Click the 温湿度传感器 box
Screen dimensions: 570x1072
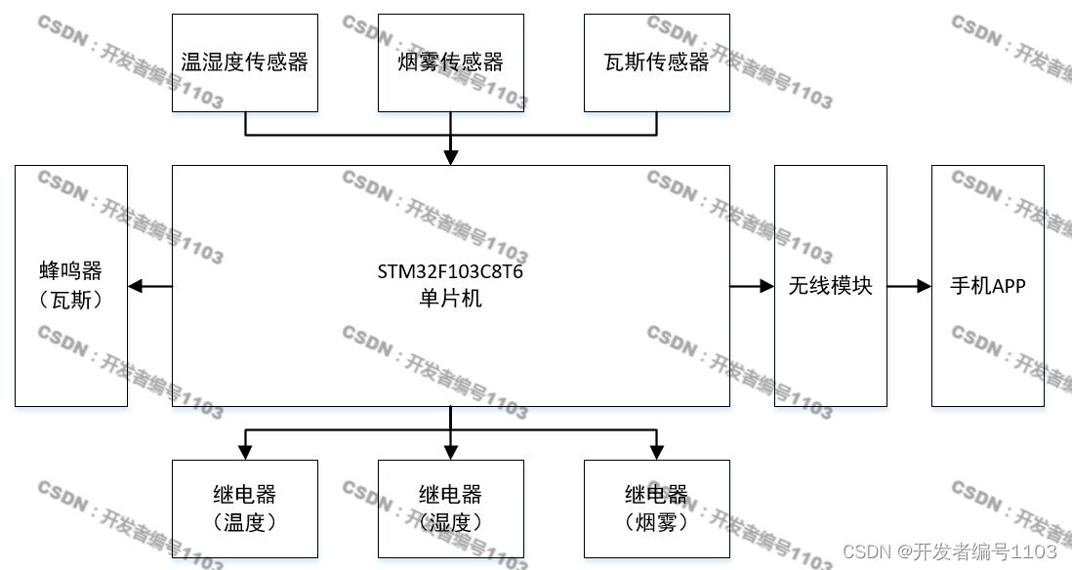244,62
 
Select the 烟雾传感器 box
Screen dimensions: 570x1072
450,62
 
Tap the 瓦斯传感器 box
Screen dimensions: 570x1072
656,62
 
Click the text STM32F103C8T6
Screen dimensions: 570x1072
450,271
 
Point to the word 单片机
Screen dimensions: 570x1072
450,299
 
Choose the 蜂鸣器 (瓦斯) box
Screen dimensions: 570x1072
71,286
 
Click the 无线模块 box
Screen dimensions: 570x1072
830,286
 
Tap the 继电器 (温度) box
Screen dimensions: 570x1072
244,509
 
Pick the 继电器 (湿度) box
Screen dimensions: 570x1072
450,509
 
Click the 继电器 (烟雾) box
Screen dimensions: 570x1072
656,509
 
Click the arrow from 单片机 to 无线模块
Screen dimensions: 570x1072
752,286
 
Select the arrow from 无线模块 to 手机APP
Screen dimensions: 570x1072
909,286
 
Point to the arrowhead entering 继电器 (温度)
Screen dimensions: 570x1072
244,452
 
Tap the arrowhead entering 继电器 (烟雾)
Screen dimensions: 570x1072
656,452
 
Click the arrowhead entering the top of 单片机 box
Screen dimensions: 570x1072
450,157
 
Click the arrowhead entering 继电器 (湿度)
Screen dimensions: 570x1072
450,452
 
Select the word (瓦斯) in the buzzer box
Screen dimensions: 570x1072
71,301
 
